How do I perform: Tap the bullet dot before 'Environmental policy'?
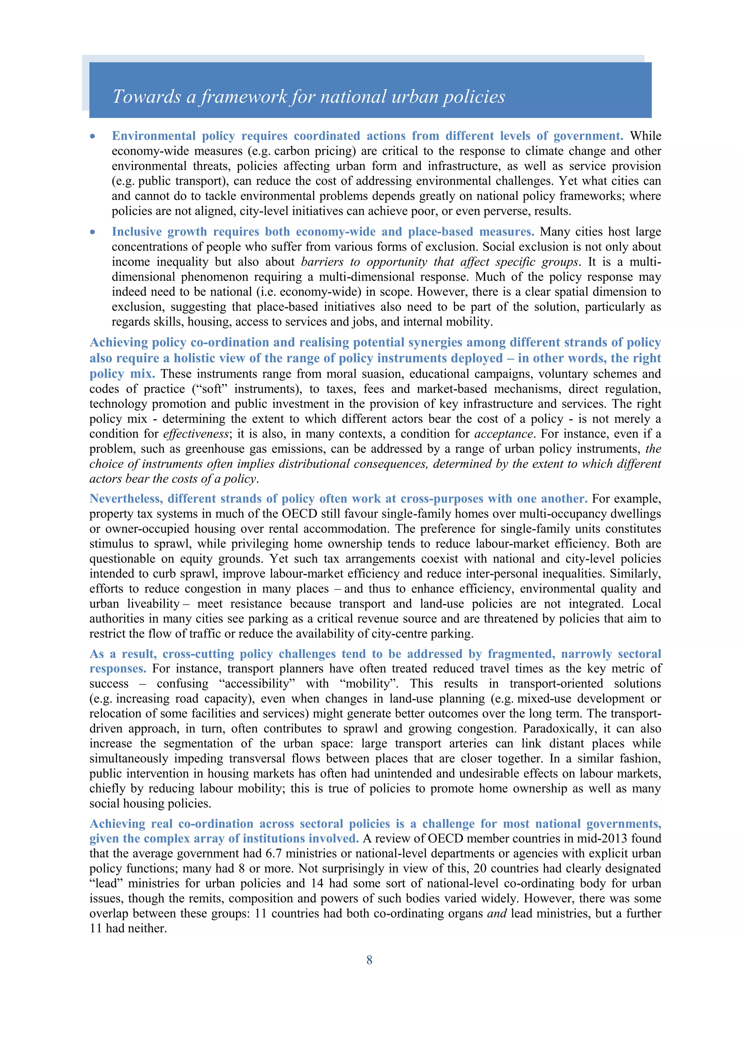[x=93, y=136]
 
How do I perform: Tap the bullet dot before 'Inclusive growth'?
[x=93, y=232]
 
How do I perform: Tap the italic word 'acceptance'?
[x=503, y=434]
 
